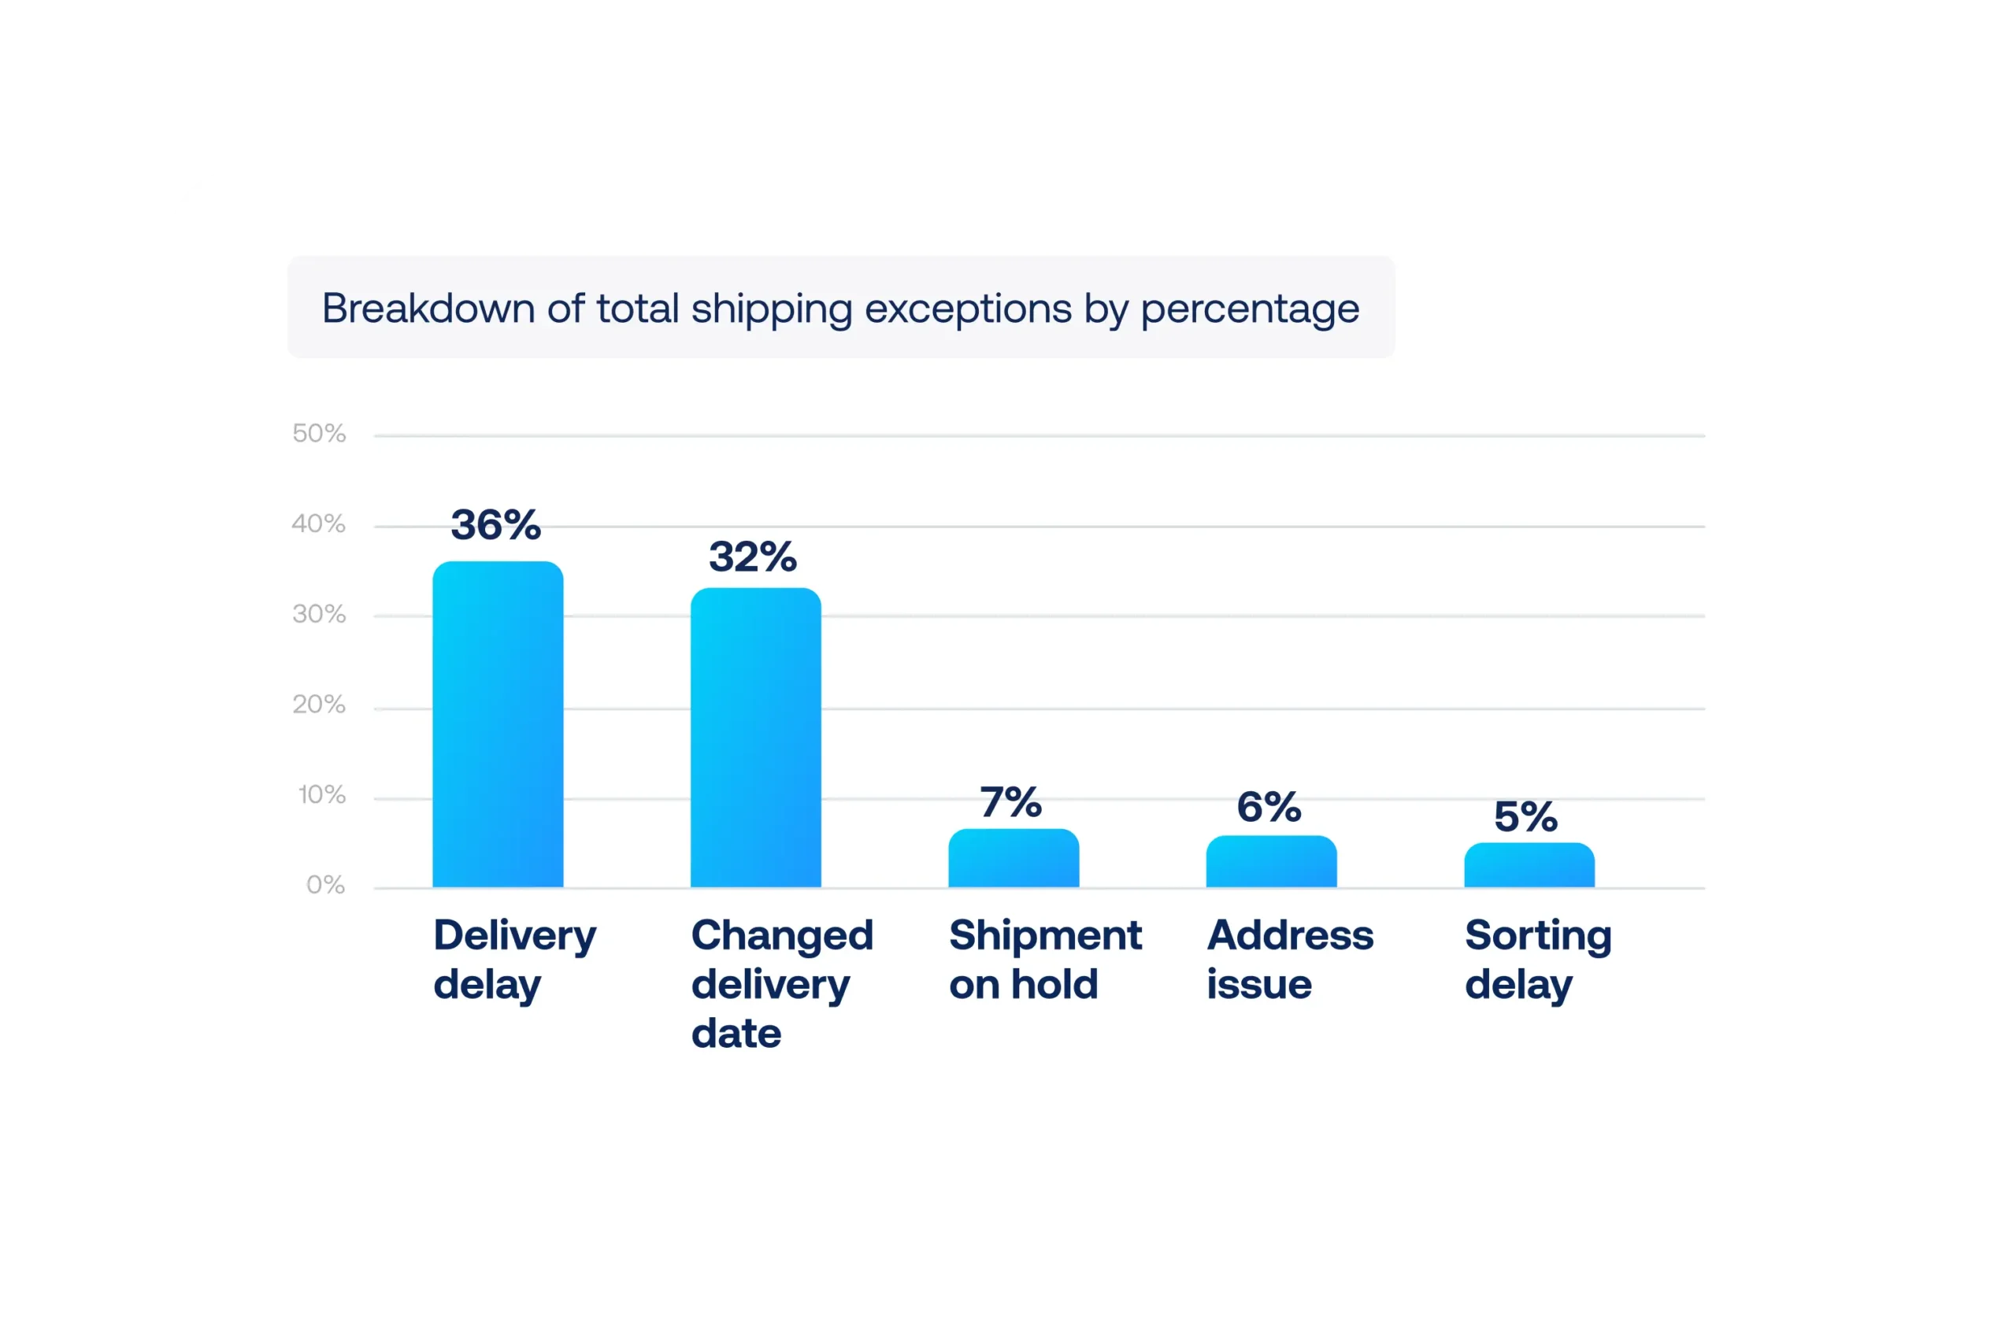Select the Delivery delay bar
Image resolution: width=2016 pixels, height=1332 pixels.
(498, 724)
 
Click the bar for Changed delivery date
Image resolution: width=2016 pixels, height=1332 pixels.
(755, 738)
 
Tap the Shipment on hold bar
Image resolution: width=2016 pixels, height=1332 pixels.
(1014, 858)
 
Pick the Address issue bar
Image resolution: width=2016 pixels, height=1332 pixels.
(1271, 861)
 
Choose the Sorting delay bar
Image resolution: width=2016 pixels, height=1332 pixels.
(1529, 865)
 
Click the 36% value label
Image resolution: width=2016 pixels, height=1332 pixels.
(495, 524)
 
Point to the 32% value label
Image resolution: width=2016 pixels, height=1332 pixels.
(753, 557)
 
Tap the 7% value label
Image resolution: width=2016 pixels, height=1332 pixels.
(1011, 802)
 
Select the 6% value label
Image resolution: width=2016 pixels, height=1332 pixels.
(1269, 806)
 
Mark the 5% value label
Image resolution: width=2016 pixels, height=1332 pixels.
(1526, 816)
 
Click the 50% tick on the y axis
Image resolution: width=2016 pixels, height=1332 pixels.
(319, 433)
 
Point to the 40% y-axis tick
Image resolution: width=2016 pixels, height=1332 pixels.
(319, 524)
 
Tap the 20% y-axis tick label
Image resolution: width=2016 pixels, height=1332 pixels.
(319, 705)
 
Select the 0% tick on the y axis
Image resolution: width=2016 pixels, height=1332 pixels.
(325, 885)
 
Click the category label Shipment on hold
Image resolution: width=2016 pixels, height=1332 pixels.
(1045, 959)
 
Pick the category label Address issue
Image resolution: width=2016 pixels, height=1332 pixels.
(1290, 959)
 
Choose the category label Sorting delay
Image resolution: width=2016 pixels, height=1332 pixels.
(1538, 959)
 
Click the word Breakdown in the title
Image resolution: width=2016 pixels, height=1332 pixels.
(428, 308)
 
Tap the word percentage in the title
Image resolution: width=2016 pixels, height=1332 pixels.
(1250, 309)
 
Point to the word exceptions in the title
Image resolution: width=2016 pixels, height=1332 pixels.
(968, 309)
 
